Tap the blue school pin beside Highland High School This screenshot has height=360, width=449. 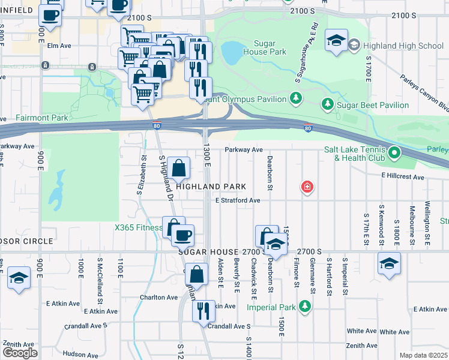(x=336, y=41)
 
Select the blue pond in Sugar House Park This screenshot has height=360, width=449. (x=231, y=53)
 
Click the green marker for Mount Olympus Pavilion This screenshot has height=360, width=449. (x=295, y=97)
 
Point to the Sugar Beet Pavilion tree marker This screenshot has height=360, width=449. (x=327, y=105)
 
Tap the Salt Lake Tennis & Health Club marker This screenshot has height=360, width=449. (x=394, y=154)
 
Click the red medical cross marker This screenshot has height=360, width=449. (x=307, y=188)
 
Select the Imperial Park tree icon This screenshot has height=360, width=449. (x=305, y=307)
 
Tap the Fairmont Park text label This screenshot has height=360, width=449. (x=43, y=118)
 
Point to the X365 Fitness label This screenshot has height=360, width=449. (x=139, y=227)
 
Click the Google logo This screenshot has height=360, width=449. (x=20, y=353)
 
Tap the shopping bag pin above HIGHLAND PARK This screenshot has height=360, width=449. (x=179, y=168)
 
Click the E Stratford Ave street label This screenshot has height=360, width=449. (x=237, y=200)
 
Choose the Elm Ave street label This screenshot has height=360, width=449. (x=59, y=45)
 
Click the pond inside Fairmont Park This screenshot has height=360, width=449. (x=58, y=187)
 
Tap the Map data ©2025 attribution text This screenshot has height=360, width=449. (x=424, y=355)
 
